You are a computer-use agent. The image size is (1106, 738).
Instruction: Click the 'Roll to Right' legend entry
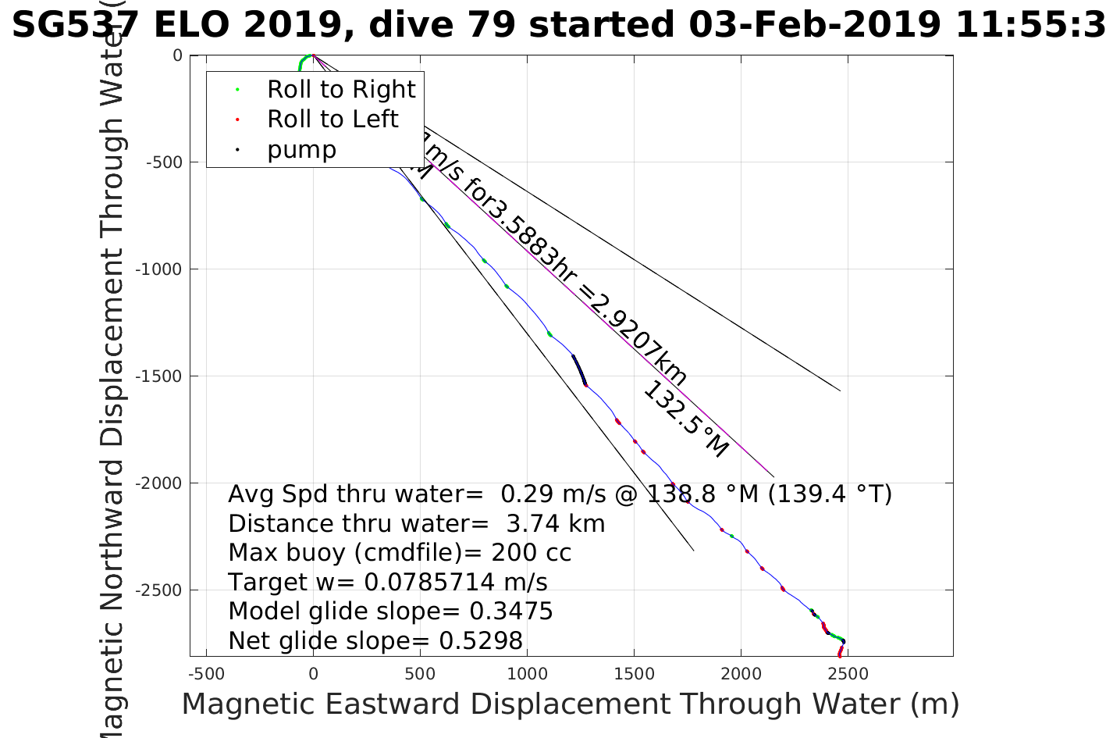pyautogui.click(x=341, y=90)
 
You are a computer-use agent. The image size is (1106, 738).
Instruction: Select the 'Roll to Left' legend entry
pyautogui.click(x=333, y=119)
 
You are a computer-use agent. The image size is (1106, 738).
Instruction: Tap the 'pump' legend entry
pyautogui.click(x=301, y=149)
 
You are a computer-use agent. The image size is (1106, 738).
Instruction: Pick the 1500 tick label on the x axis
pyautogui.click(x=634, y=674)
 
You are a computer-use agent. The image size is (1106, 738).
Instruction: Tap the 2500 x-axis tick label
pyautogui.click(x=848, y=674)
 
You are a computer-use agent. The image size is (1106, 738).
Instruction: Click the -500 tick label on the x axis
pyautogui.click(x=206, y=674)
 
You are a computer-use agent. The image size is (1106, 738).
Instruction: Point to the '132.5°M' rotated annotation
pyautogui.click(x=685, y=419)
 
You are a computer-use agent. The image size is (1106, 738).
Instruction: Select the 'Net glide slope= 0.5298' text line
pyautogui.click(x=375, y=641)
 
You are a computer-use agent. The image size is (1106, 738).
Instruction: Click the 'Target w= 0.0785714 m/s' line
pyautogui.click(x=388, y=583)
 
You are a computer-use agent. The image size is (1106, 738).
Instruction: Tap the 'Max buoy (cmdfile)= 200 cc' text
pyautogui.click(x=400, y=553)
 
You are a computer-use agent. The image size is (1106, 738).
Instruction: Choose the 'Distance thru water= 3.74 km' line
pyautogui.click(x=417, y=524)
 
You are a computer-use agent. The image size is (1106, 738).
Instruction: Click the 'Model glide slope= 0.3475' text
pyautogui.click(x=390, y=611)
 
